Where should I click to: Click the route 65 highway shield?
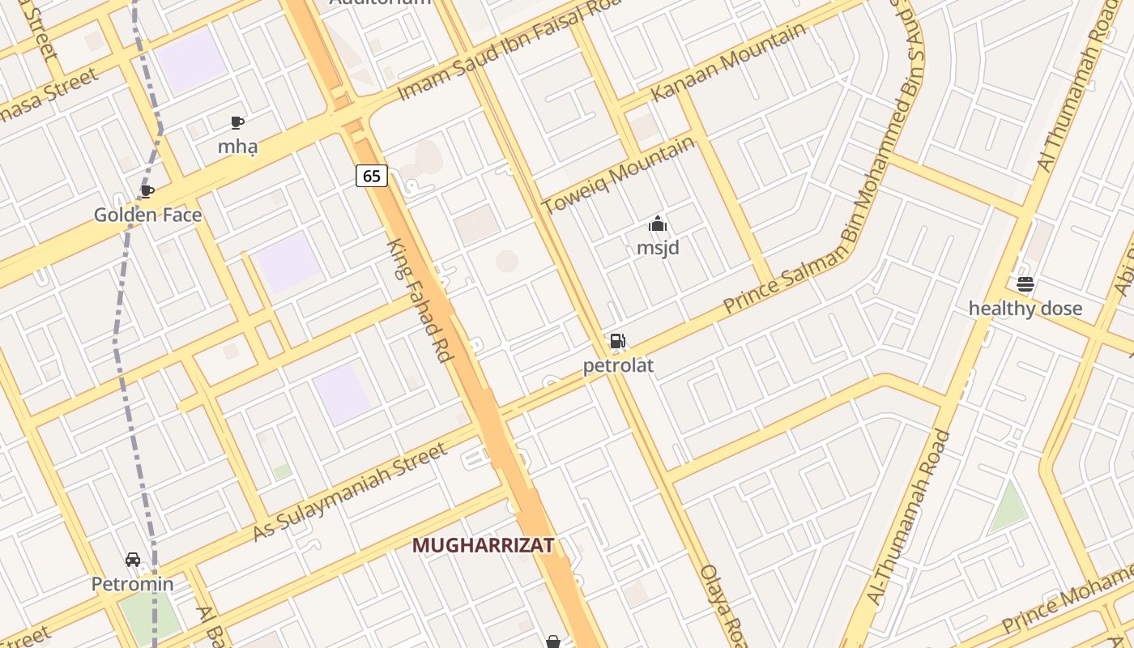(x=372, y=176)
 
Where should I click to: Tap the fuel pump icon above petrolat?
(x=617, y=341)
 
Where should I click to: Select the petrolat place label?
(x=618, y=366)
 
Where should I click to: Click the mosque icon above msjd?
(x=658, y=224)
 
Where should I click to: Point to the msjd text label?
(x=658, y=248)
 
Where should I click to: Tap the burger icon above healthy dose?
(x=1025, y=284)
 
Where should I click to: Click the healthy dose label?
(x=1025, y=309)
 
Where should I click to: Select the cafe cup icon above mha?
(x=237, y=122)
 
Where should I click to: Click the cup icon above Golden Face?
(x=147, y=191)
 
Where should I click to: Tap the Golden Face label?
(x=148, y=215)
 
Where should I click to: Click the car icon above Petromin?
(x=132, y=560)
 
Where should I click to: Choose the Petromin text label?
(x=132, y=584)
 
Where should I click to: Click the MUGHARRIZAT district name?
(x=484, y=546)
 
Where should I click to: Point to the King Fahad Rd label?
(x=421, y=300)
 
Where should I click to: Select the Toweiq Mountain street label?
(x=618, y=175)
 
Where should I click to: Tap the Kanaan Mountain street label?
(x=728, y=62)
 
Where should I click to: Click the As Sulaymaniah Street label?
(x=350, y=492)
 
